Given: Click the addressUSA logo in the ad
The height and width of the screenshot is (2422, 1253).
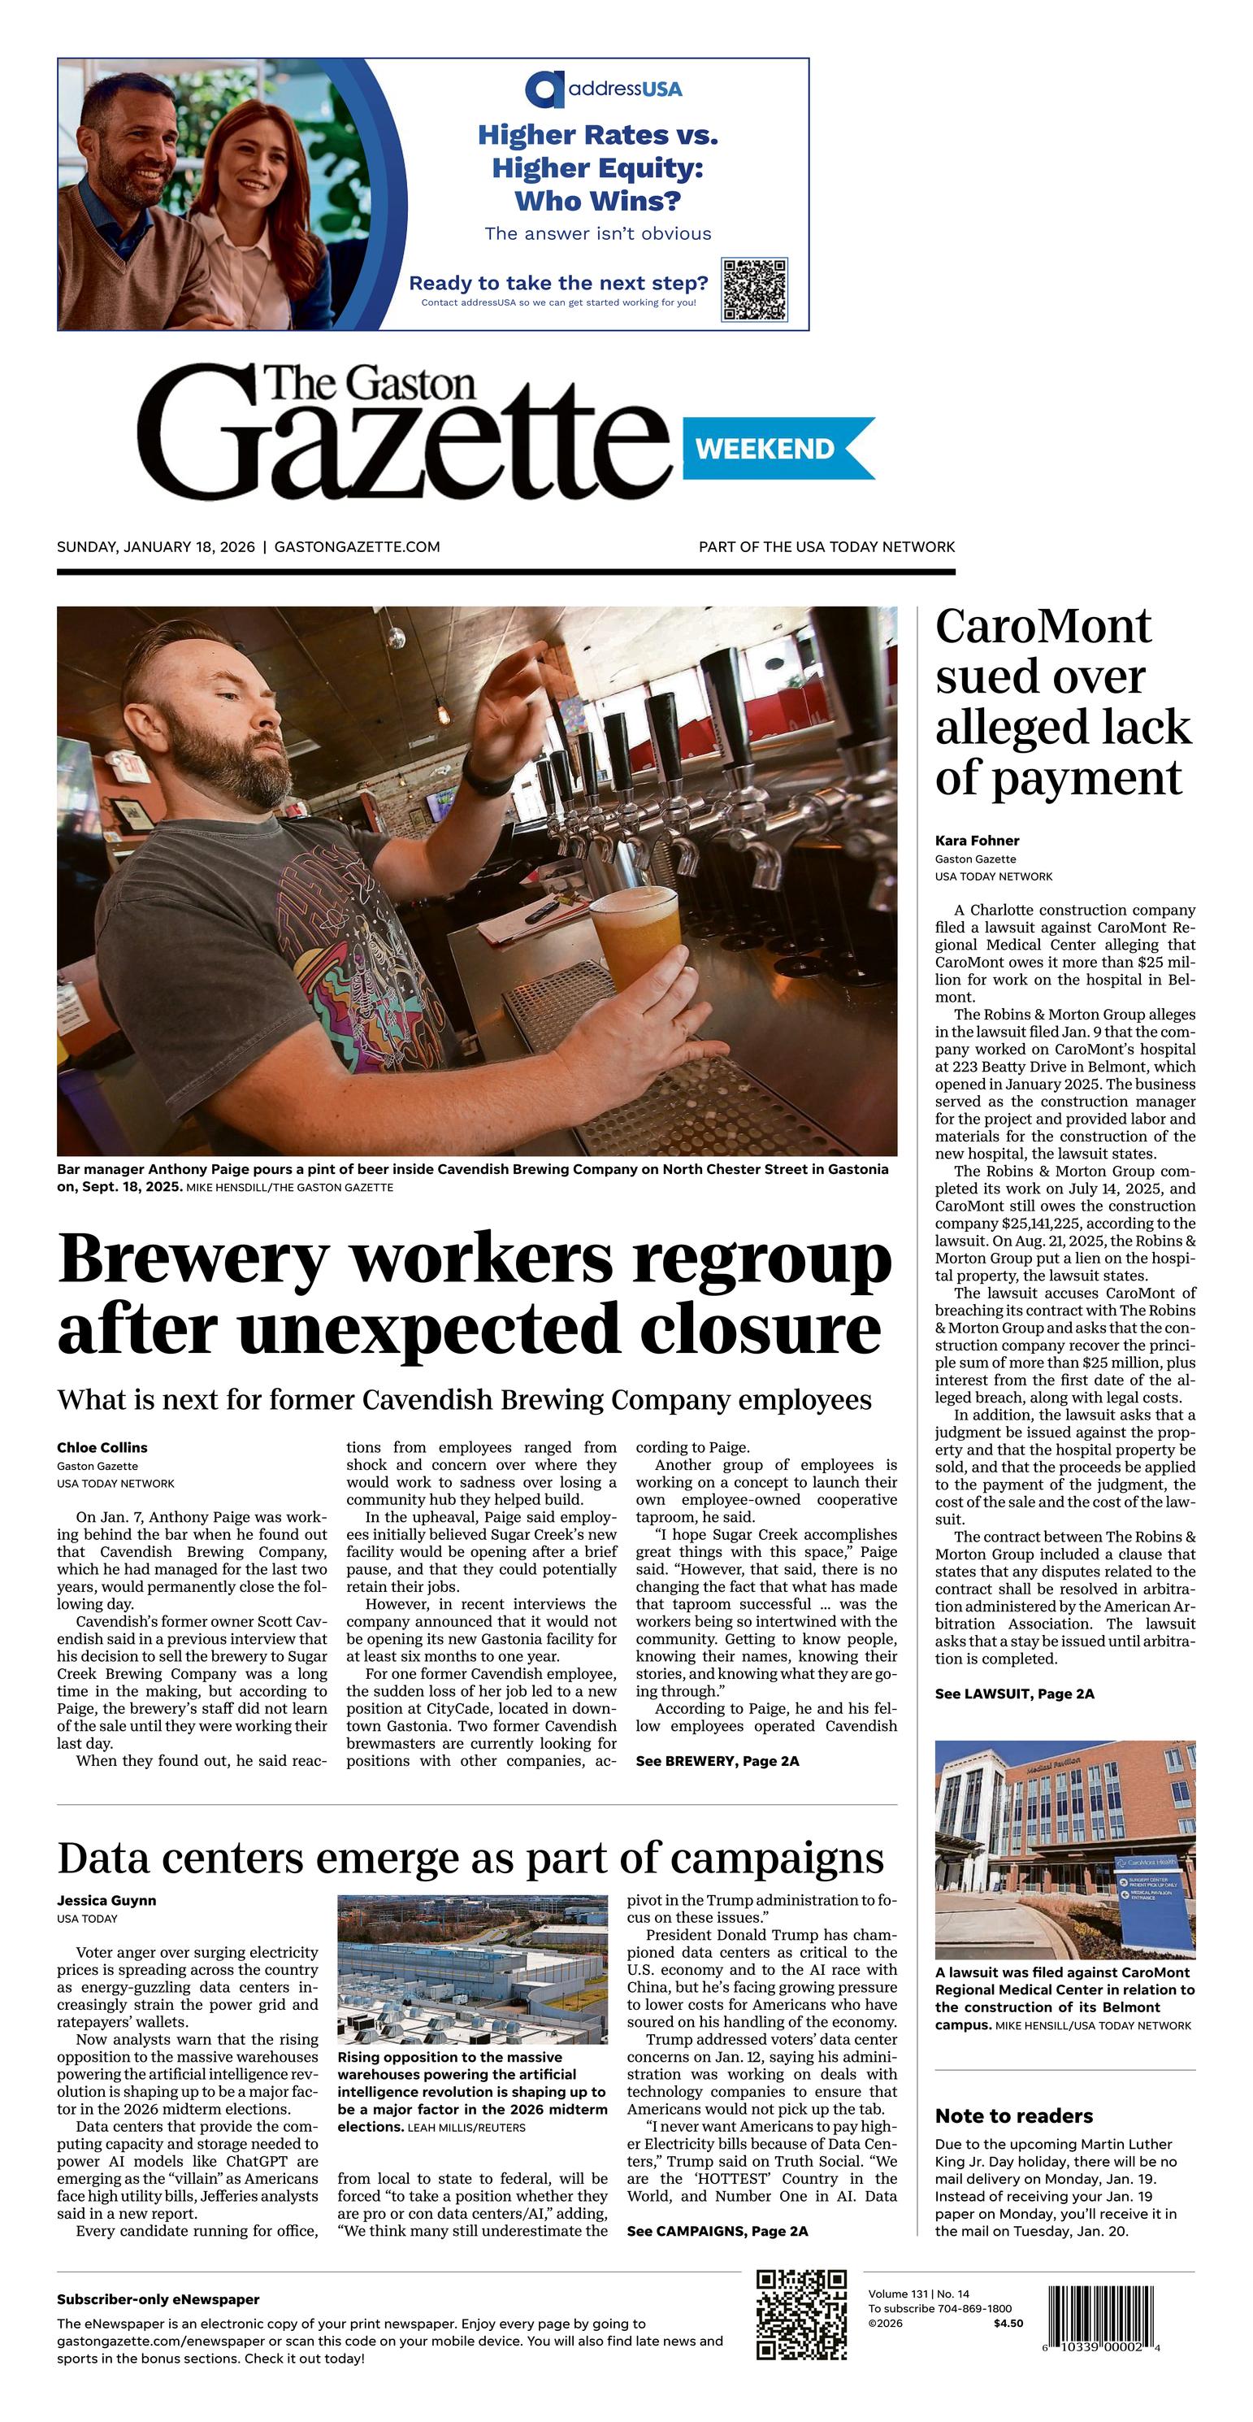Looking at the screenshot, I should pos(604,89).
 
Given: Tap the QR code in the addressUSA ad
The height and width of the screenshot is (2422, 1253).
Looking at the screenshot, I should pos(754,289).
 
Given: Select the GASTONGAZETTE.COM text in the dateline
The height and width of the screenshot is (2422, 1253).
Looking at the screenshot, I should pos(358,546).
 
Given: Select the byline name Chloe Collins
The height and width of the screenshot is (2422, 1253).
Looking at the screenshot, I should pos(102,1447).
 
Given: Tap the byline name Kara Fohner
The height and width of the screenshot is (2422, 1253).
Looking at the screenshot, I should pos(977,841).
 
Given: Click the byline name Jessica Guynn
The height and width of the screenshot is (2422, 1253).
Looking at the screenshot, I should pos(106,1900).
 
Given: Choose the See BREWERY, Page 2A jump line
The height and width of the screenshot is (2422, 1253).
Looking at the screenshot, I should pos(718,1761).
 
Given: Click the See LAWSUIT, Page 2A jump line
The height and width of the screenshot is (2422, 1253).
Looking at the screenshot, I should pos(1014,1694).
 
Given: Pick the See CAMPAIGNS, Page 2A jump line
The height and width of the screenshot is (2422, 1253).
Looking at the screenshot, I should pos(718,2231).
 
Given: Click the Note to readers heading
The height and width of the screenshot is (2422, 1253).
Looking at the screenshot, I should pos(1013,2115).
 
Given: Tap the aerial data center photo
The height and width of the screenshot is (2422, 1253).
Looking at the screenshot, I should pos(472,1969).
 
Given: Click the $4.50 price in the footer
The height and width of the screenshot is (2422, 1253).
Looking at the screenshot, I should pos(1008,2324).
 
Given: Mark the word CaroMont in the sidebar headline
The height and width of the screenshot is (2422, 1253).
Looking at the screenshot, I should pos(1043,626).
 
